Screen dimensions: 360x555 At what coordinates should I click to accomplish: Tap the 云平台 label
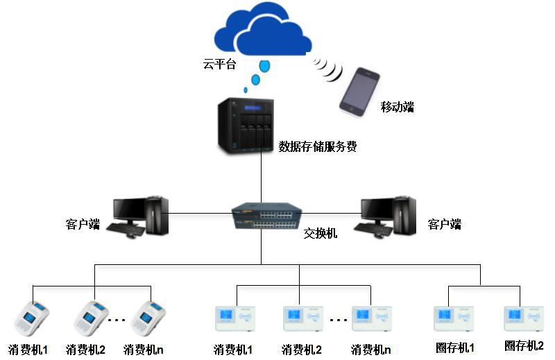coord(219,65)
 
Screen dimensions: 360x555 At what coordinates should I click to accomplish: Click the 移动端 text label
coord(397,107)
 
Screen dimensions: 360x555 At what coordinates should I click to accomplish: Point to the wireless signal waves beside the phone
coord(328,67)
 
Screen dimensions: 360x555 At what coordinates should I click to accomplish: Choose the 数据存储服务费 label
coord(318,146)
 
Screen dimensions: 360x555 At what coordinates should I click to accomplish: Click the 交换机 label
coord(320,234)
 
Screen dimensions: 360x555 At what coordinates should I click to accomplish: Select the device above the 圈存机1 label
coord(453,318)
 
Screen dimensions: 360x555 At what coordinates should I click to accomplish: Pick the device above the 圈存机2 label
coord(522,318)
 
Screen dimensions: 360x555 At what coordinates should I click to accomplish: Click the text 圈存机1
coord(455,346)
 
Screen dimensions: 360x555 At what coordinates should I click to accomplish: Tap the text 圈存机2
coord(524,345)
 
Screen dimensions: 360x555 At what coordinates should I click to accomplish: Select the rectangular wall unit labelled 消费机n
coord(371,318)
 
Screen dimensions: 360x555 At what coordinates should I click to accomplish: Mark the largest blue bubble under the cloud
coord(264,67)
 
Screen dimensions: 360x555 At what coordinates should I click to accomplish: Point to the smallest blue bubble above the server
coord(245,89)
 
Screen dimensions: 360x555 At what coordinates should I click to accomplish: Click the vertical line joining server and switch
coord(261,177)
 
